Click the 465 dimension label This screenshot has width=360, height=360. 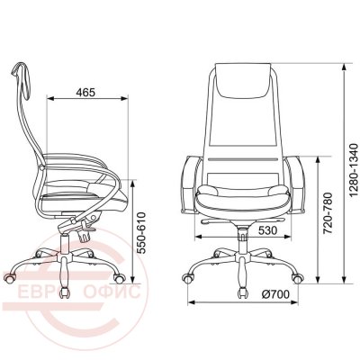tap(85, 93)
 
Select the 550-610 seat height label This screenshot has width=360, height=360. tap(140, 233)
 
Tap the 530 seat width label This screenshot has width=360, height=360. tap(267, 230)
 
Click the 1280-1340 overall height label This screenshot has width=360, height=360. tap(355, 170)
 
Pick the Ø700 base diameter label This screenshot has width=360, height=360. tap(275, 294)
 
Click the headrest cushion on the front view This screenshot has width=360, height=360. tap(243, 80)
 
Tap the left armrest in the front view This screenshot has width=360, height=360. tap(190, 184)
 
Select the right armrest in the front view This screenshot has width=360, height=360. tap(295, 184)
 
